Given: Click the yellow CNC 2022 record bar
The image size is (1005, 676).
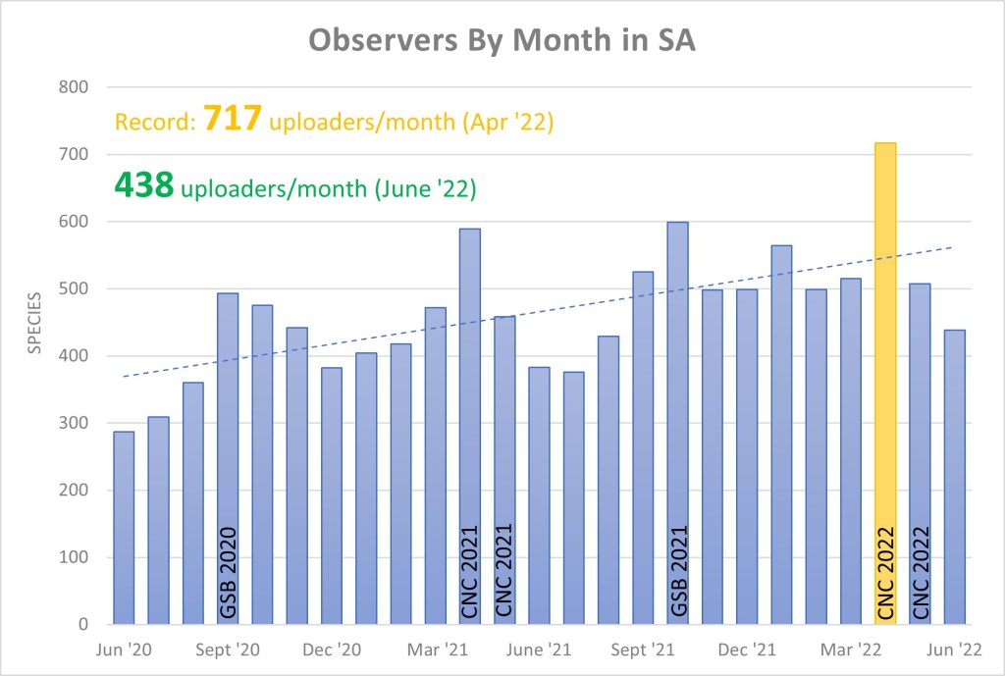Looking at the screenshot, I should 884,383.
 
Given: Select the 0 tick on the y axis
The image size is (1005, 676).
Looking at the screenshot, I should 83,624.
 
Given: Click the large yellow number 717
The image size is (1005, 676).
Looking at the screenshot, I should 233,121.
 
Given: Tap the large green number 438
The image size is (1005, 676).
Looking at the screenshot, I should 144,184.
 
